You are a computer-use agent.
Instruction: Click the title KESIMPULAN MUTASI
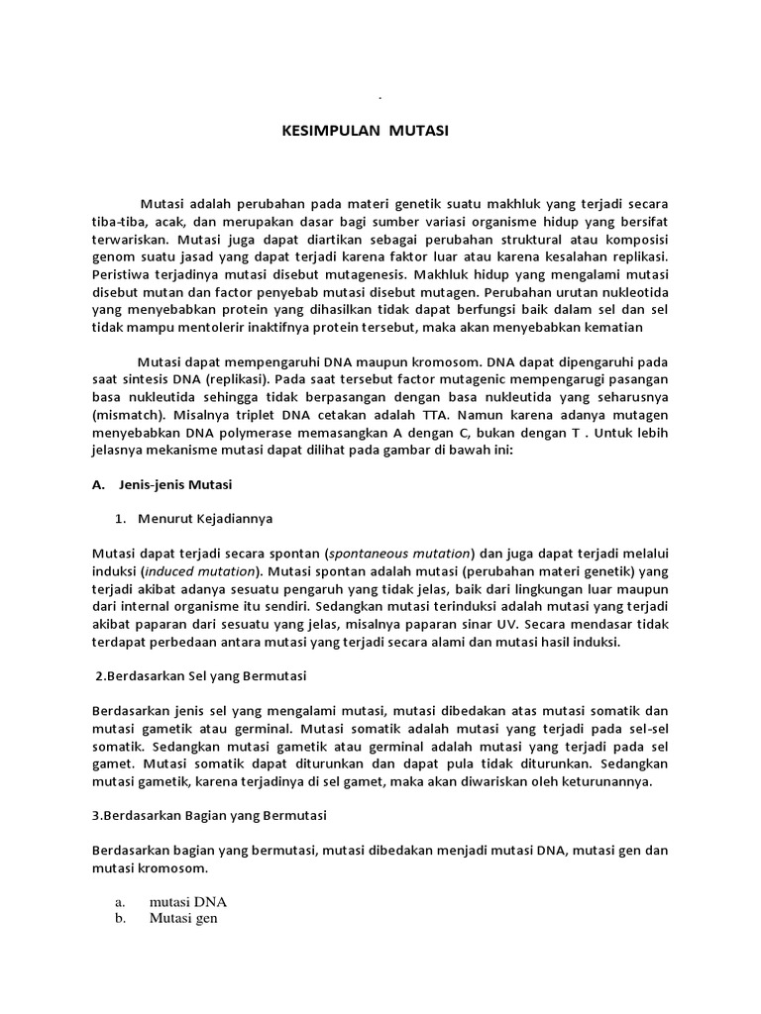coord(359,130)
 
